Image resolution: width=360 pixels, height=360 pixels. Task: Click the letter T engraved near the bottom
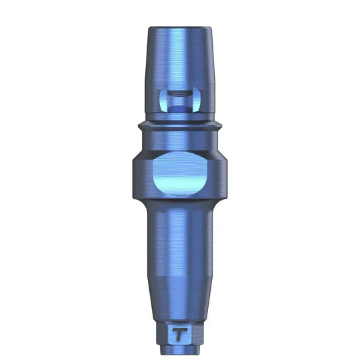(x=180, y=314)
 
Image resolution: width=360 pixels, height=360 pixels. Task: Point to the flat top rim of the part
(x=180, y=28)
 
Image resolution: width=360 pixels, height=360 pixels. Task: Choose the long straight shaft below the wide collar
(x=180, y=236)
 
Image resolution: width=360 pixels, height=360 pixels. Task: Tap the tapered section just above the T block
(x=180, y=287)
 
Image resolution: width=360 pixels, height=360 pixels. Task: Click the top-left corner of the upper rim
(x=148, y=30)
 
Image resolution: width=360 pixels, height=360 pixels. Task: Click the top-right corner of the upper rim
(x=211, y=30)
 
